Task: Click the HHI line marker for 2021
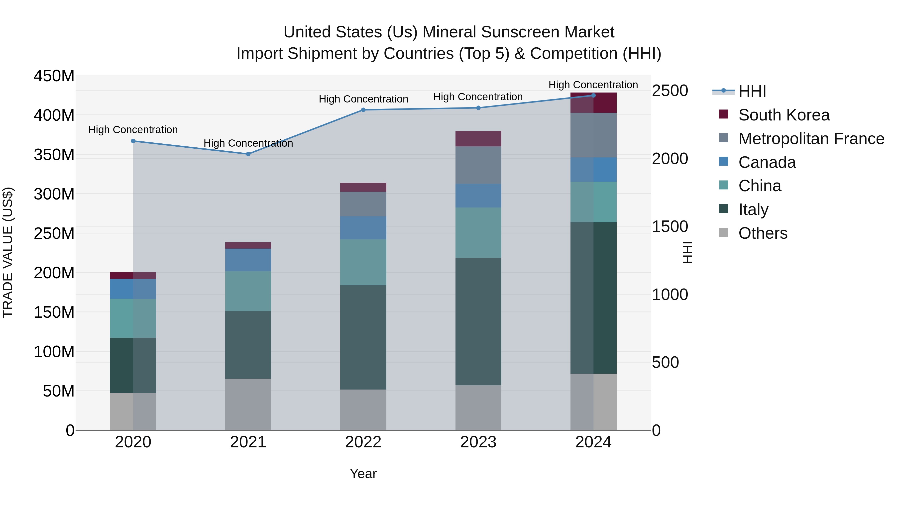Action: (248, 154)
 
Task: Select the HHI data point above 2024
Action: (593, 96)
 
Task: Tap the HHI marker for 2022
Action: (363, 110)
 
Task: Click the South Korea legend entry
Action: (784, 115)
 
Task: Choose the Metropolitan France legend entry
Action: (811, 139)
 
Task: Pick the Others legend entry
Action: (763, 233)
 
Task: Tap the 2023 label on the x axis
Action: (478, 442)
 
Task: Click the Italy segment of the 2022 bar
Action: (363, 337)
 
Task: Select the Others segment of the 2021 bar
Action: (248, 404)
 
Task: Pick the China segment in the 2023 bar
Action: (478, 233)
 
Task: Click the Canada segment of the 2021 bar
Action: (248, 260)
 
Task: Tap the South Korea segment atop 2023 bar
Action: (478, 139)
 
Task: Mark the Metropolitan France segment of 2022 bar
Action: (363, 204)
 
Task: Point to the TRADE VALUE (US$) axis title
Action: (8, 252)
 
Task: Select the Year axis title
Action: (363, 474)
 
